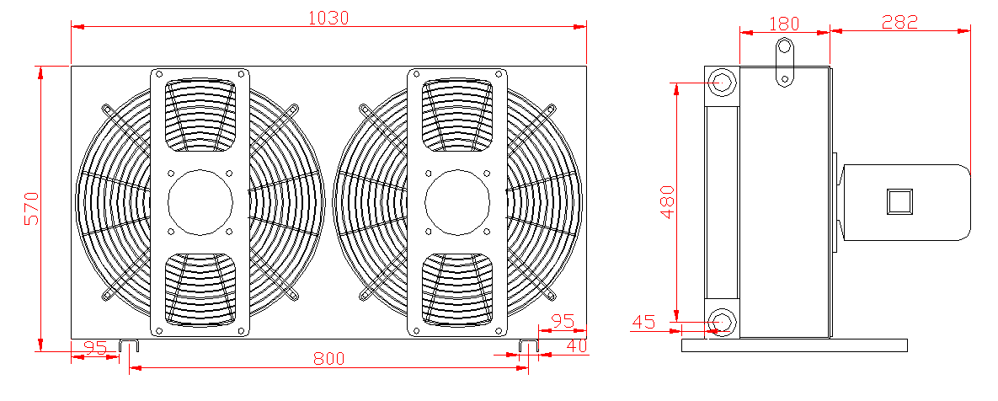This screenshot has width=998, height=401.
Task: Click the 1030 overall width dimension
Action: coord(328,18)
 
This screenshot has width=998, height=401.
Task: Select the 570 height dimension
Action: coord(32,208)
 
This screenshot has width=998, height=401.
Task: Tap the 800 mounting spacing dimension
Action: coord(328,359)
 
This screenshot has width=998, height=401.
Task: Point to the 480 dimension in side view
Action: coord(667,201)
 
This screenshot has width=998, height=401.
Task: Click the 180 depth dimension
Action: coord(784,24)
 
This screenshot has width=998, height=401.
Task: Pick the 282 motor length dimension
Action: coord(900,22)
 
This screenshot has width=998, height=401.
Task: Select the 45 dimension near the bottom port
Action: coord(643,322)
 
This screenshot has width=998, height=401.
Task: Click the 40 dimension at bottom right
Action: coord(576,345)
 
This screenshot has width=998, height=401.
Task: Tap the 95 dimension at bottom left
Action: coord(95,348)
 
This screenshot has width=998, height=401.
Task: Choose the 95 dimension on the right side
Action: coord(563,320)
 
